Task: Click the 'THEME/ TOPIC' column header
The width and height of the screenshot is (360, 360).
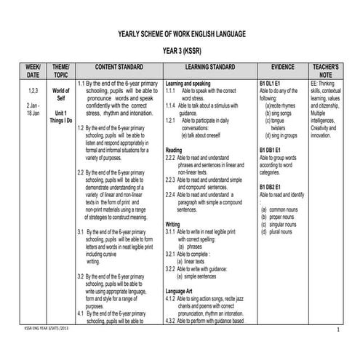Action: point(61,70)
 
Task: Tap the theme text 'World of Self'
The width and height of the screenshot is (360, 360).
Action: point(61,94)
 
